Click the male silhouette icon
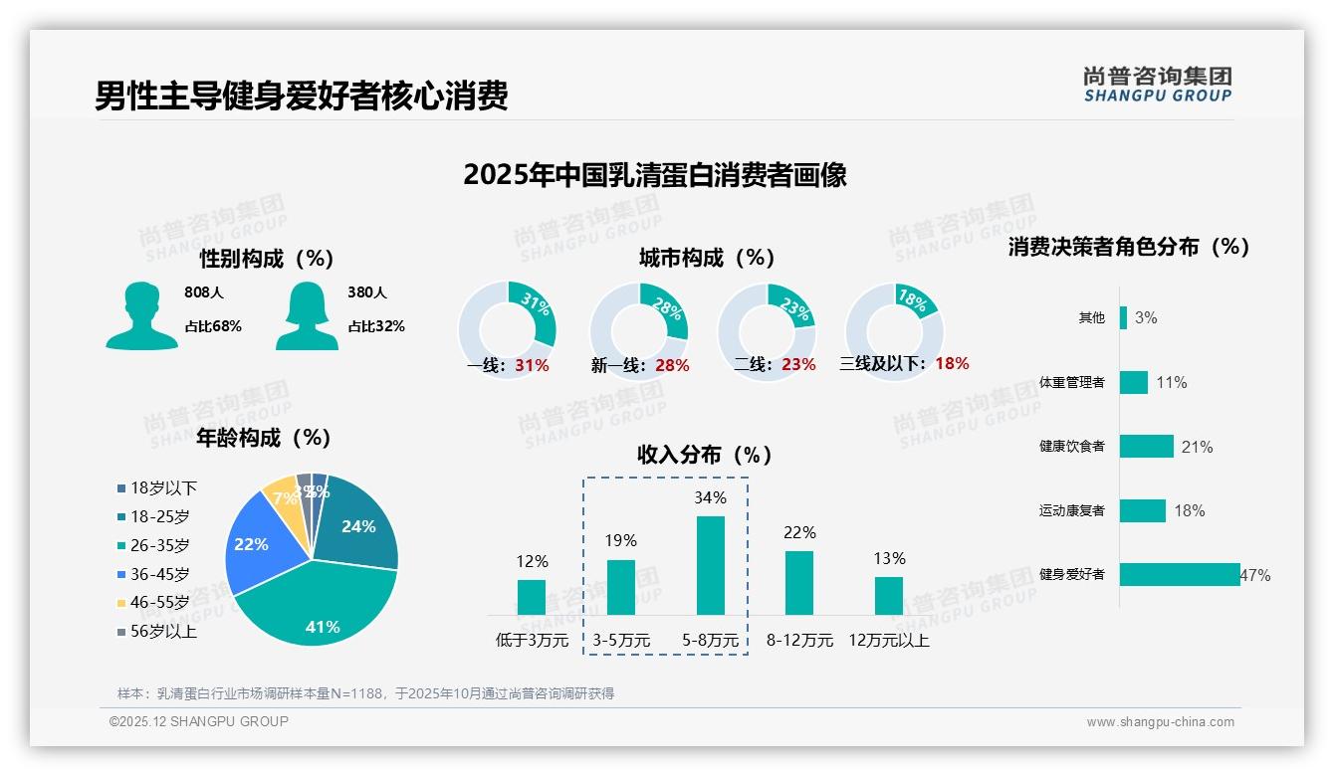tap(141, 315)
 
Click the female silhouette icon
tap(307, 315)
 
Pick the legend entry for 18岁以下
tap(156, 487)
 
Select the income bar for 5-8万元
tap(710, 565)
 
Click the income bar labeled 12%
tap(532, 597)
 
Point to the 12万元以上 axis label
tap(888, 641)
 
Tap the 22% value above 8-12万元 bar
tap(799, 533)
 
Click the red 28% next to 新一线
tap(672, 366)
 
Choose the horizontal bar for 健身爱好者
tap(1180, 574)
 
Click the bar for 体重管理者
tap(1133, 382)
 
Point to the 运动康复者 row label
tap(1072, 511)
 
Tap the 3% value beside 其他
tap(1146, 318)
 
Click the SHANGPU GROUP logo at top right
tap(1157, 84)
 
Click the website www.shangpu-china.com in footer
tap(1160, 722)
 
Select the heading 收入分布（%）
tap(705, 455)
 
